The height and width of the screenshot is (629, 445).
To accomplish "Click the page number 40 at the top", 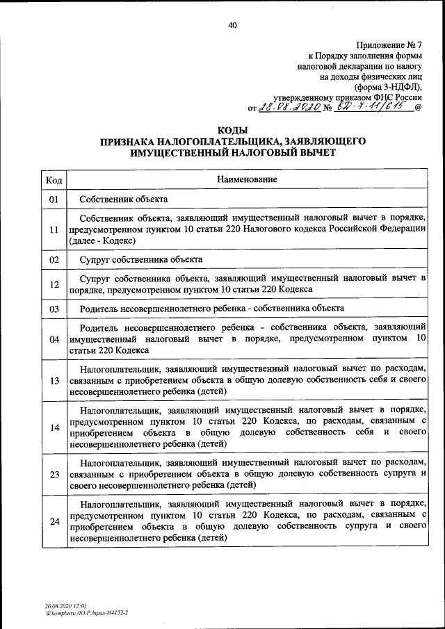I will pyautogui.click(x=232, y=25).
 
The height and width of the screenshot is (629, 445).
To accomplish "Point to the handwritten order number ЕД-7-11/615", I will pyautogui.click(x=372, y=106).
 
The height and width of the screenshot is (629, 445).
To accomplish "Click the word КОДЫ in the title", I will pyautogui.click(x=232, y=130).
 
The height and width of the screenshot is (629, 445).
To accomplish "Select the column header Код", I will pyautogui.click(x=54, y=180).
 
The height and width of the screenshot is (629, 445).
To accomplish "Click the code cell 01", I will pyautogui.click(x=54, y=199).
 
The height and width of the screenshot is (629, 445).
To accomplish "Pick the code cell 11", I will pyautogui.click(x=54, y=229).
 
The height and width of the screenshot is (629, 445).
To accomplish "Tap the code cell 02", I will pyautogui.click(x=54, y=260).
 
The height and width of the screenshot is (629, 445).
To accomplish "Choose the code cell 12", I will pyautogui.click(x=54, y=284).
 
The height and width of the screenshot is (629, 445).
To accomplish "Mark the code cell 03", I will pyautogui.click(x=54, y=308).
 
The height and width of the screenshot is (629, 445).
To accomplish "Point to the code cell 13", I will pyautogui.click(x=54, y=380).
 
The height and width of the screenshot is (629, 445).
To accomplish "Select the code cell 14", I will pyautogui.click(x=54, y=427).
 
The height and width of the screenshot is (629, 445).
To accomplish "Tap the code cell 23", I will pyautogui.click(x=54, y=474).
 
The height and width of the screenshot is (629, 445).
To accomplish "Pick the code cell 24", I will pyautogui.click(x=54, y=521).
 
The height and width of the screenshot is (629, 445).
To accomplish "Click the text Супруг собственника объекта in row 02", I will pyautogui.click(x=141, y=260).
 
